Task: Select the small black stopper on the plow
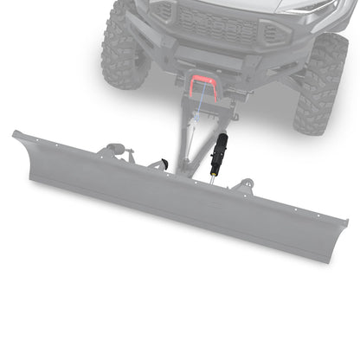coord(164,163)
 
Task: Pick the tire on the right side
coord(320,82)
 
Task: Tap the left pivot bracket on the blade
coord(116,153)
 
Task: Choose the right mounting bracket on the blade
coord(246,185)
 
